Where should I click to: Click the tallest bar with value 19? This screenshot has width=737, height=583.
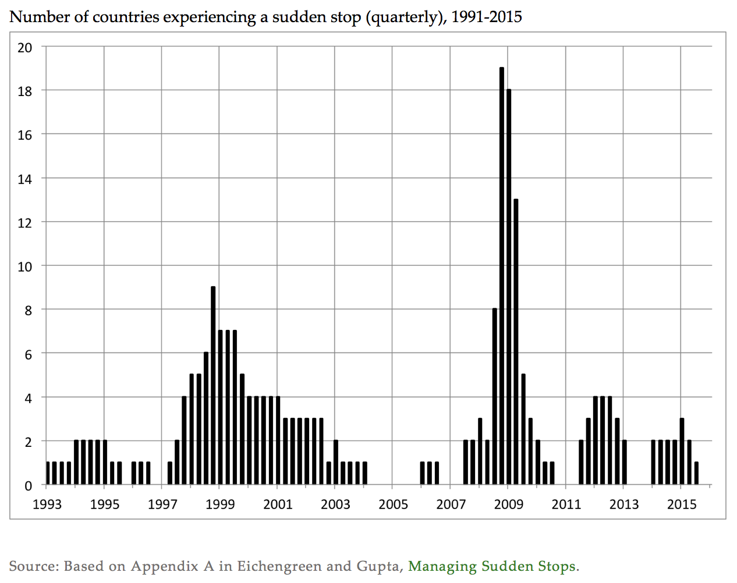(x=502, y=276)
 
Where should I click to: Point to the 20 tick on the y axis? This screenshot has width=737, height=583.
(x=25, y=48)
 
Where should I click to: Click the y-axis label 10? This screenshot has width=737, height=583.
(x=25, y=266)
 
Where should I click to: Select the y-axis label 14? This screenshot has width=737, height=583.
(x=25, y=179)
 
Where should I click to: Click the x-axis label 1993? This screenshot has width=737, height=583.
(x=47, y=504)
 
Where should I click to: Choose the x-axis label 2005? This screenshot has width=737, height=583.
(x=394, y=504)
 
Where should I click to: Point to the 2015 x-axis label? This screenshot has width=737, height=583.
(x=682, y=504)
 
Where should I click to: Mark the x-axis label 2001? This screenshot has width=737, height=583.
(x=278, y=504)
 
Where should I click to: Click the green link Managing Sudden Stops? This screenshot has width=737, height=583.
(x=492, y=566)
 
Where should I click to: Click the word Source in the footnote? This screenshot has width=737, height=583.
(x=33, y=566)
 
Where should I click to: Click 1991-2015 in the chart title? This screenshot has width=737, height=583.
(x=486, y=17)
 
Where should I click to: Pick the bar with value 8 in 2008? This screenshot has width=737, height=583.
(x=495, y=396)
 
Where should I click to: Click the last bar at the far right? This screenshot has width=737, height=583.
(x=696, y=473)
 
